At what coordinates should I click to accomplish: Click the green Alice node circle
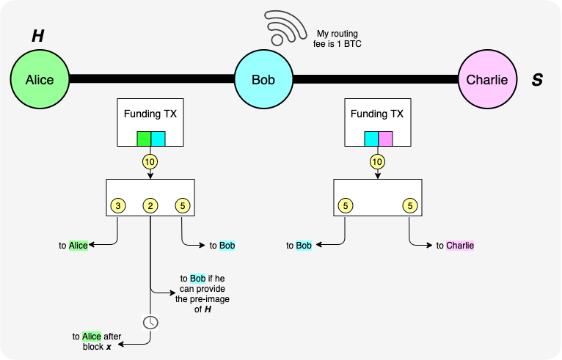click(x=40, y=79)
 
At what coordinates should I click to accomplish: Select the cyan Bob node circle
click(x=263, y=79)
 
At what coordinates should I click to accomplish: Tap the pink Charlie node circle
click(x=487, y=79)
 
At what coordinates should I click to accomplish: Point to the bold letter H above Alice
click(x=37, y=36)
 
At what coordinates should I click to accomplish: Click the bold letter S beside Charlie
click(x=537, y=79)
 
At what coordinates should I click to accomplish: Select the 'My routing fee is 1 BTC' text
click(x=338, y=39)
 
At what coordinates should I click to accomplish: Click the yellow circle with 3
click(x=118, y=206)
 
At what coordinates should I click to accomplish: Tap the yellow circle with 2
click(x=150, y=206)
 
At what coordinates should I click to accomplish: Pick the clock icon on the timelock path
click(x=150, y=322)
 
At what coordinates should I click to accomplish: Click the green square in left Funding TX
click(x=144, y=139)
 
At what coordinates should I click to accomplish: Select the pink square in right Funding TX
click(x=385, y=139)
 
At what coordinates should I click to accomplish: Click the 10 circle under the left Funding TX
click(x=150, y=161)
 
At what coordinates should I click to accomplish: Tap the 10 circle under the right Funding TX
click(x=377, y=161)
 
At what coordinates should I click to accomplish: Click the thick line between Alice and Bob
click(x=151, y=78)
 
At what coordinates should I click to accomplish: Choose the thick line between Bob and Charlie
click(x=375, y=78)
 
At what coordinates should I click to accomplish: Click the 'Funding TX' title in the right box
click(x=377, y=114)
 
